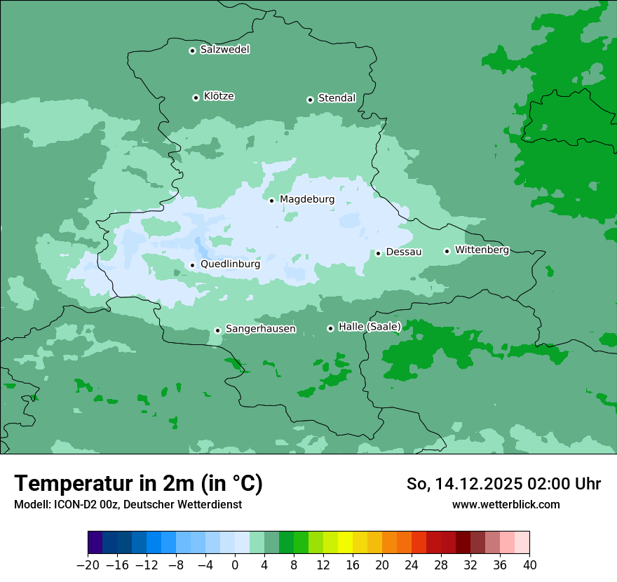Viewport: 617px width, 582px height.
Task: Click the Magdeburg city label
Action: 307,199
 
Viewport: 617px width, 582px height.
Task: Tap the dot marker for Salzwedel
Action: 192,50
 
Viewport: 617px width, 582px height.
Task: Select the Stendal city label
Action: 337,98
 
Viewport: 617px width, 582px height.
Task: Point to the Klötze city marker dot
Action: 196,97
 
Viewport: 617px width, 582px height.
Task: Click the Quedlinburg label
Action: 230,264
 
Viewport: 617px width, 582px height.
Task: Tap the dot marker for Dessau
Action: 378,253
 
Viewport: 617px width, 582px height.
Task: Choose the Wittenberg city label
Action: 482,250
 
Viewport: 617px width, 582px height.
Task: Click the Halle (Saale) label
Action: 369,327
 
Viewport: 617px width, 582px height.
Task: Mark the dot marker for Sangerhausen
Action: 217,330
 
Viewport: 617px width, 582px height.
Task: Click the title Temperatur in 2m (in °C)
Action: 138,483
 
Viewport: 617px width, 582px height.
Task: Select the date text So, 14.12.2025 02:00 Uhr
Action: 503,484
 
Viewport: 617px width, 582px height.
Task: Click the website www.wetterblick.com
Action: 506,504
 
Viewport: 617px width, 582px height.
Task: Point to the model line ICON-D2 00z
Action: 128,504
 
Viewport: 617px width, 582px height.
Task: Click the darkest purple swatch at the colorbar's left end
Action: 95,543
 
